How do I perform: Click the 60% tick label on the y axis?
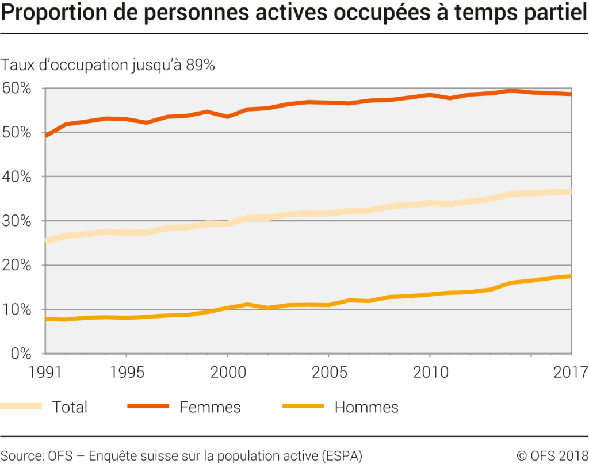pyautogui.click(x=17, y=89)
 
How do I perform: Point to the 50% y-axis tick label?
pyautogui.click(x=17, y=132)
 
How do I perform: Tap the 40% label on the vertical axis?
pyautogui.click(x=17, y=177)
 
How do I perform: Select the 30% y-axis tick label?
pyautogui.click(x=17, y=221)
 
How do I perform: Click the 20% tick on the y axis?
pyautogui.click(x=17, y=265)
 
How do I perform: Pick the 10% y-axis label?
pyautogui.click(x=17, y=309)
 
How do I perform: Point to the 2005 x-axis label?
pyautogui.click(x=328, y=372)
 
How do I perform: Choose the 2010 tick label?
pyautogui.click(x=429, y=372)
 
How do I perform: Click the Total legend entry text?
pyautogui.click(x=70, y=407)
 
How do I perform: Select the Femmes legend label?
pyautogui.click(x=210, y=407)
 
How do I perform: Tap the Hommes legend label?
pyautogui.click(x=366, y=407)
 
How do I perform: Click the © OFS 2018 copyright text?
pyautogui.click(x=550, y=455)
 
